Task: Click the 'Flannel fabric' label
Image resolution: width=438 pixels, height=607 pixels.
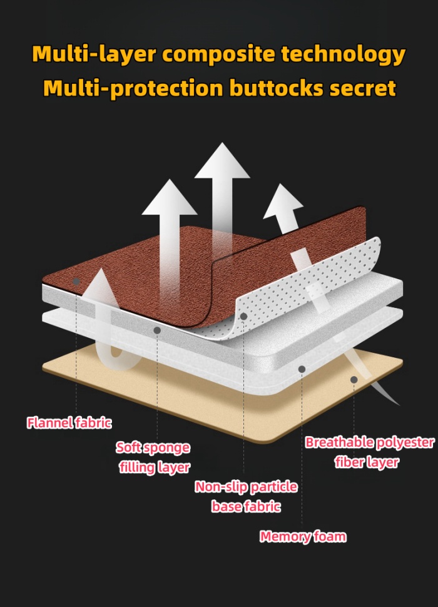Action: pyautogui.click(x=69, y=423)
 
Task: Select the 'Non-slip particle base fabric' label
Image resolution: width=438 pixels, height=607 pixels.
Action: pyautogui.click(x=246, y=496)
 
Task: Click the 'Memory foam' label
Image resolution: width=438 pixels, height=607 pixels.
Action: pyautogui.click(x=303, y=536)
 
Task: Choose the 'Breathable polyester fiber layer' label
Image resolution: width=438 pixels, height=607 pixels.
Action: pyautogui.click(x=369, y=452)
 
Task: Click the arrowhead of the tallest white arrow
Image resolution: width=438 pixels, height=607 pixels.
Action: pyautogui.click(x=222, y=161)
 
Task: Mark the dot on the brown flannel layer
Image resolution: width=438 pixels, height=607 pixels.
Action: pyautogui.click(x=76, y=282)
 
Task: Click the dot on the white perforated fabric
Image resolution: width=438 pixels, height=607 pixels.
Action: pyautogui.click(x=243, y=317)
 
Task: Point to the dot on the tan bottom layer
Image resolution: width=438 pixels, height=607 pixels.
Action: pyautogui.click(x=354, y=379)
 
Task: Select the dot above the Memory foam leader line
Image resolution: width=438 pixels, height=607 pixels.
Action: pyautogui.click(x=302, y=369)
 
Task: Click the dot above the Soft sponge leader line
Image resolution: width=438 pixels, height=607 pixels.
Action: pyautogui.click(x=157, y=330)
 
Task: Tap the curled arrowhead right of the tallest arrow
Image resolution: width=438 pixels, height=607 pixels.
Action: pyautogui.click(x=283, y=201)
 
